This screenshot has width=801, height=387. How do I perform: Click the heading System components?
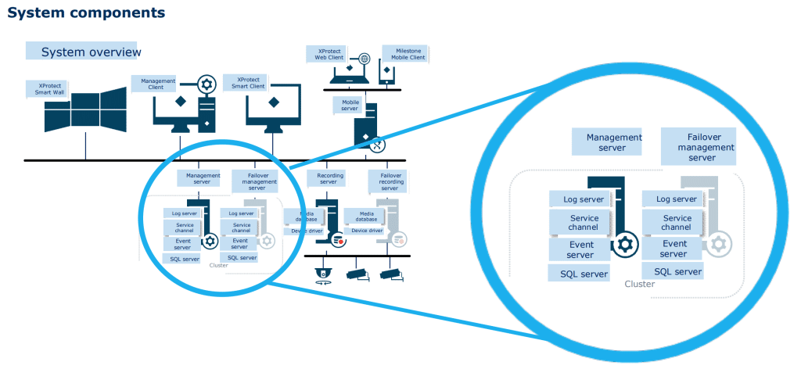86,13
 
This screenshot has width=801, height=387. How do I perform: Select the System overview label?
90,52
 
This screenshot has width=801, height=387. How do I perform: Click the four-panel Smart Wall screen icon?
86,109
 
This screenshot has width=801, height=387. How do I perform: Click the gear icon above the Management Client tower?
207,84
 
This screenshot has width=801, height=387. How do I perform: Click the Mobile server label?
350,105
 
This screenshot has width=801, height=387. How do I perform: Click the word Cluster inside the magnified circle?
639,284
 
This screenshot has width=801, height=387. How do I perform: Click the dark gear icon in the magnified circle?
624,245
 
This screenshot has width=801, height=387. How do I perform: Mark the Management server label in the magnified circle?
614,142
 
